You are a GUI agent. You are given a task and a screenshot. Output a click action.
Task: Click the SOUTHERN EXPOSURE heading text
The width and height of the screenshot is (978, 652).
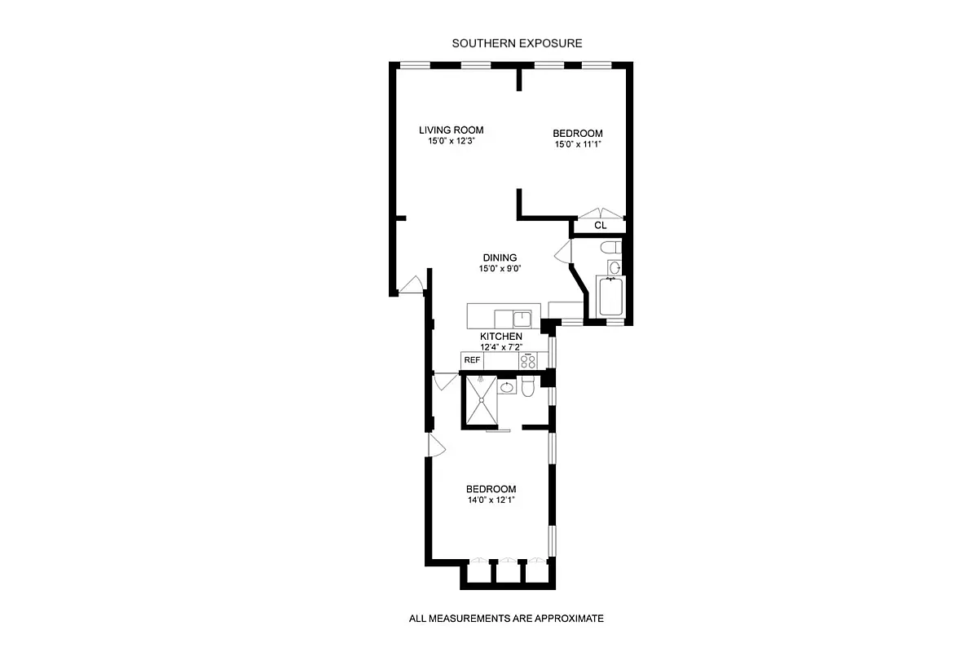(517, 43)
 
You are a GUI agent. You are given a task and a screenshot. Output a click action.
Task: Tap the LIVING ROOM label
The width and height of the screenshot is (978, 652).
(451, 130)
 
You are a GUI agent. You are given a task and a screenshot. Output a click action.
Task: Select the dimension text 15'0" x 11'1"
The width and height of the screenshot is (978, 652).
(577, 145)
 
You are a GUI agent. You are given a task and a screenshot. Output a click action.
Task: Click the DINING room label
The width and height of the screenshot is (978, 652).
(500, 258)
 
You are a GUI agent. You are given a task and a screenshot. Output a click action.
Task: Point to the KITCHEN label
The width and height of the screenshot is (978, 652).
(500, 337)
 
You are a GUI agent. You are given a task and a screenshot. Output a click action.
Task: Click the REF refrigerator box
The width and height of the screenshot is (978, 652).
(471, 359)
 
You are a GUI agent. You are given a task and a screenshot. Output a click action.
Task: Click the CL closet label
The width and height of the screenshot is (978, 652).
(600, 225)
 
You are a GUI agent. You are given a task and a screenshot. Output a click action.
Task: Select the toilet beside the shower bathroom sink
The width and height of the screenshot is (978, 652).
(527, 389)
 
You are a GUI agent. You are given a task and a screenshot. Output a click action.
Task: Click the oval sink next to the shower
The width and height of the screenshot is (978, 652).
(507, 387)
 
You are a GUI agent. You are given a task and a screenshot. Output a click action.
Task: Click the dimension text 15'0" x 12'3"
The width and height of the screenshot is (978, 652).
(451, 141)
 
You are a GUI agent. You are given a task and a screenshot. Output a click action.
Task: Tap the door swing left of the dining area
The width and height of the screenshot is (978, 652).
(412, 284)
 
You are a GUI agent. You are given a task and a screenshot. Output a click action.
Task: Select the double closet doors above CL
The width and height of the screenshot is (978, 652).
(600, 214)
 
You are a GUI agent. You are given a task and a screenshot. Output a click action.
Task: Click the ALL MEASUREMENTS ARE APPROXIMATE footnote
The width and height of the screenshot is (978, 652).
(505, 619)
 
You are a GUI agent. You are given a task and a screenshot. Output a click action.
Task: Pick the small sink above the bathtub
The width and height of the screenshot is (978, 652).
(615, 267)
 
